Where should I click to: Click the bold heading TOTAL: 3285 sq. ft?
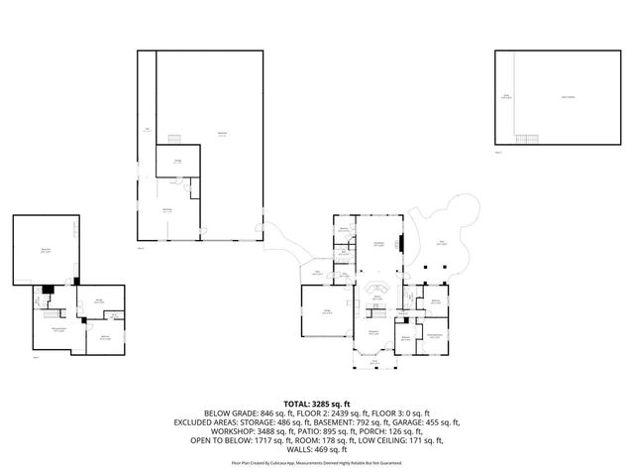tap(317, 404)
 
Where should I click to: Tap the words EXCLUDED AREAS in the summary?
tap(207, 421)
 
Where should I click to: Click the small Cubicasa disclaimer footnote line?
tap(317, 462)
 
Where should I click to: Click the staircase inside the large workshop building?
tap(177, 137)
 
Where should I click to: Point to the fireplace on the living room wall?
tap(401, 244)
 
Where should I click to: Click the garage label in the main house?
tap(324, 312)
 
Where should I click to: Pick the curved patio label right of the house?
tap(442, 243)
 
